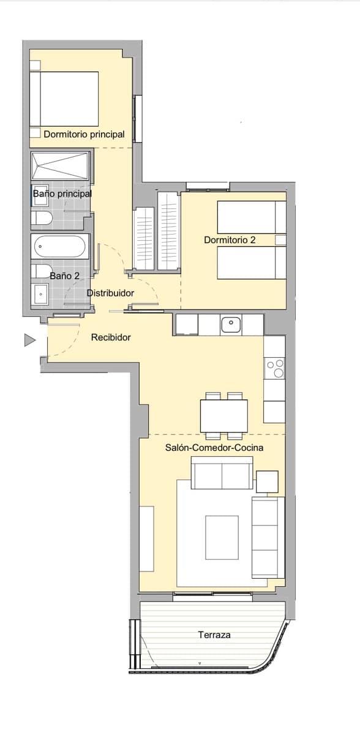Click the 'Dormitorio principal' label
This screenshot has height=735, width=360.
pos(84,134)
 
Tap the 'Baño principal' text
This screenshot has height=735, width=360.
pos(62,194)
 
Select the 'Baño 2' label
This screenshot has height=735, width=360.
pos(65,276)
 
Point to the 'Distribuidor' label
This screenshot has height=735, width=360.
pos(110,293)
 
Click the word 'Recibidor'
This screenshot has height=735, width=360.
pos(111,337)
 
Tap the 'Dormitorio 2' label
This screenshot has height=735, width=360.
pos(230,240)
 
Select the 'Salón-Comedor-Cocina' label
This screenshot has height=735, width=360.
pos(214,448)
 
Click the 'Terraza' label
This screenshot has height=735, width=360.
pos(214,635)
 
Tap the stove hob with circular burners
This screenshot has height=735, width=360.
pos(275,368)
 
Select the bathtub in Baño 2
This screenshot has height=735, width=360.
pos(59,247)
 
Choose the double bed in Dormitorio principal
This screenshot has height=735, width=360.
pos(64,98)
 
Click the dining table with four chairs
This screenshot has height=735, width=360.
pos(224,416)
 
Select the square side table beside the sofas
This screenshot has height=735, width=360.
pos(267,481)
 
